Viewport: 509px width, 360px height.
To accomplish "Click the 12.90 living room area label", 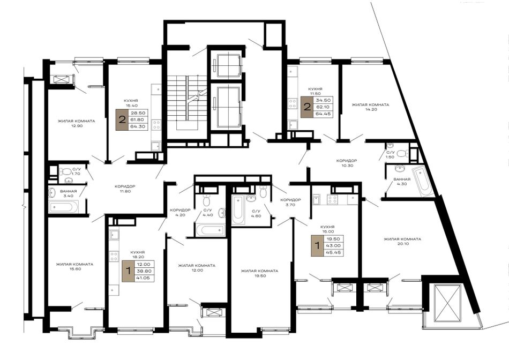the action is click(76, 123).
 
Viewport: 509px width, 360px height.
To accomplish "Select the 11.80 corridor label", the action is click(125, 189).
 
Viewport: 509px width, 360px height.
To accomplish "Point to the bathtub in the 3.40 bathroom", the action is click(64, 206).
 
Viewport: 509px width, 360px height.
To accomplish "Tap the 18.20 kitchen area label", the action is click(137, 254).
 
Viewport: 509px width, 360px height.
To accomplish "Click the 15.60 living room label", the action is click(74, 266).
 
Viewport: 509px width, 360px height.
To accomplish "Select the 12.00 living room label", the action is click(197, 268).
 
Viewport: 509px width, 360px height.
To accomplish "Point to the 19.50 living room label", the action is click(259, 273).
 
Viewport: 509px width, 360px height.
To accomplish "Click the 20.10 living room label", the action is click(402, 241).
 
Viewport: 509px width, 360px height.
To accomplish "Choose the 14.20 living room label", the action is click(370, 107).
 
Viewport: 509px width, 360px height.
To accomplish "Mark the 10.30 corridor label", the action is click(346, 163).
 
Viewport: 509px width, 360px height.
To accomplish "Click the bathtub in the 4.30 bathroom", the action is click(423, 181).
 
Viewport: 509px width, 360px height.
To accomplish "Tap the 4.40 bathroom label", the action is click(207, 212).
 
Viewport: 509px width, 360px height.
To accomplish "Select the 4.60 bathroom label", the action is click(256, 213).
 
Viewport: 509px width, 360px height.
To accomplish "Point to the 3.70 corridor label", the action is click(290, 202).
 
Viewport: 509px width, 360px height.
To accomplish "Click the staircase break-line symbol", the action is click(197, 95).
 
